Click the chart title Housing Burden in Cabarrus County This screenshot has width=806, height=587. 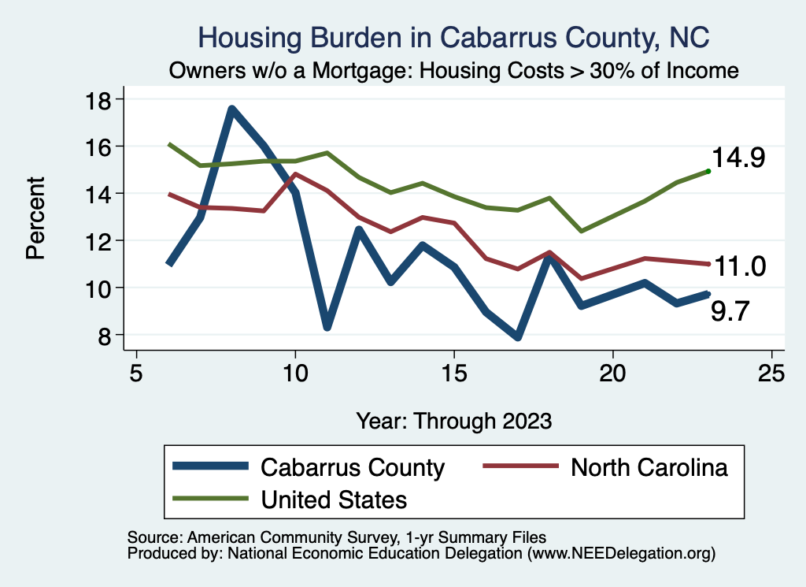point(454,37)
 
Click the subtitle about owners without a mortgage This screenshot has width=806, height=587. point(454,71)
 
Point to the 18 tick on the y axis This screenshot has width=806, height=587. point(103,99)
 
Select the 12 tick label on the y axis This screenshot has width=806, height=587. point(103,241)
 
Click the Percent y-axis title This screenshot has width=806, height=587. point(35,217)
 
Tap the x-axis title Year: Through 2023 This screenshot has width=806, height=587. point(453,420)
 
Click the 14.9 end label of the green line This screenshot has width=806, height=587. point(739,158)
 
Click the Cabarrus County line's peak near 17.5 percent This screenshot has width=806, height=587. point(232,110)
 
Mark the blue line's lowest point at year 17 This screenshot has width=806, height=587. point(517,337)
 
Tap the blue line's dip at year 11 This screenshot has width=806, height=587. point(327,326)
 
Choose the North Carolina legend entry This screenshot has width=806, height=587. point(649,467)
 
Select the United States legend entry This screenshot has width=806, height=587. point(334,499)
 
